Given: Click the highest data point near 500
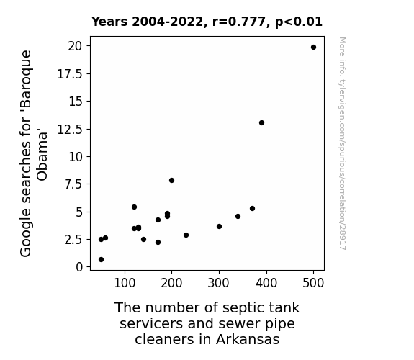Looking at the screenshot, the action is [x=313, y=48].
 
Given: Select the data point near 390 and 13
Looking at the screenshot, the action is [x=261, y=123].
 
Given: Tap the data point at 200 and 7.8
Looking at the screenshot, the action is [x=171, y=181].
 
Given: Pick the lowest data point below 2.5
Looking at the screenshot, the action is [x=101, y=260].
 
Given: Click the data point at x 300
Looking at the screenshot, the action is [x=219, y=226].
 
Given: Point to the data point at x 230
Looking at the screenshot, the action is [x=186, y=235].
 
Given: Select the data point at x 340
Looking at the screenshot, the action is [x=238, y=216].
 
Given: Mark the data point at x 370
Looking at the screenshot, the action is [x=252, y=208].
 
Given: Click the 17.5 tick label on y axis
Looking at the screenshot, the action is [x=70, y=74].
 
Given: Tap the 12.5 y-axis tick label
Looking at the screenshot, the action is [x=70, y=130].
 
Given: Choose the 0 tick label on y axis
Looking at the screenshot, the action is [x=79, y=267].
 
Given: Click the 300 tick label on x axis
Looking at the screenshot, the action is [x=218, y=283].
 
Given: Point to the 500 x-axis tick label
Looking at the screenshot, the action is [x=313, y=283].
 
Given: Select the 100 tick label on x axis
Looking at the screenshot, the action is [x=125, y=283].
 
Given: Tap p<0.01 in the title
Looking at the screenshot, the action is [x=299, y=22].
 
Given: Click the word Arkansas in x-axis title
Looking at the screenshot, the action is [x=248, y=339].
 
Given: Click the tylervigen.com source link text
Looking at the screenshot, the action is [x=342, y=144].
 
